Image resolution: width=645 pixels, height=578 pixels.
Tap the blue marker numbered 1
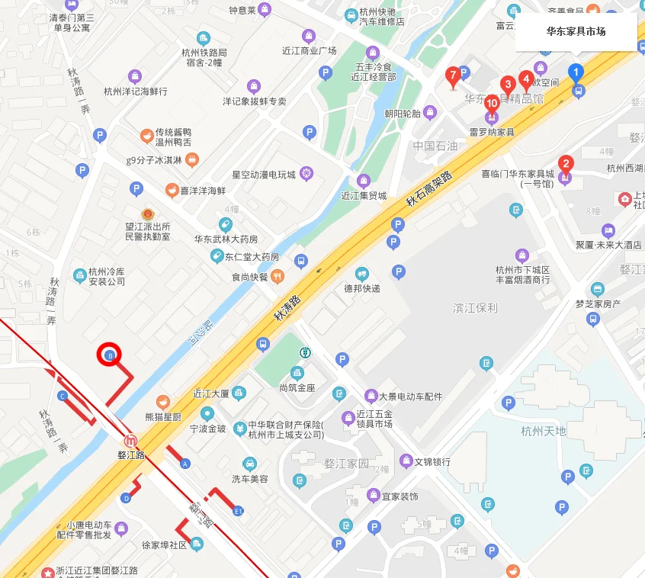click(x=576, y=73)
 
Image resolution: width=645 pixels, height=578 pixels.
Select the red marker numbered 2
click(x=566, y=163)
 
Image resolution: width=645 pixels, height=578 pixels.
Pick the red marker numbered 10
click(x=492, y=104)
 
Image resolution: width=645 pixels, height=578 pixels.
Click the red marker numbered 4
click(x=525, y=78)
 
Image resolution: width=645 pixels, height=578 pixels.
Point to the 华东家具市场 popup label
click(x=576, y=32)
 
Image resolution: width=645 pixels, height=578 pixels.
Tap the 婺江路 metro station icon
click(x=132, y=441)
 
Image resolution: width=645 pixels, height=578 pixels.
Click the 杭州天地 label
click(x=544, y=431)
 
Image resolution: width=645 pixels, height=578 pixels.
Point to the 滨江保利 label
click(x=475, y=308)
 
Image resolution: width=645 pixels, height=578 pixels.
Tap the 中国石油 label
click(x=435, y=146)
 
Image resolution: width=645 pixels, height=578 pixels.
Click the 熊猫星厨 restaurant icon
click(x=162, y=402)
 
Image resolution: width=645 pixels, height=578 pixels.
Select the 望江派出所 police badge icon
click(x=147, y=215)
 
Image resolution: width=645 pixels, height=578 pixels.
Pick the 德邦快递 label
click(x=361, y=289)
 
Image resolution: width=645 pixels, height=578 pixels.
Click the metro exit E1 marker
click(x=238, y=510)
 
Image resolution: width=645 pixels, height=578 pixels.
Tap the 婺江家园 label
click(x=346, y=463)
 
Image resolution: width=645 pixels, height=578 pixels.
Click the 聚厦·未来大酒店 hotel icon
click(x=608, y=230)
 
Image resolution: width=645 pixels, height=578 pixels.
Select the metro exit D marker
click(x=126, y=498)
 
